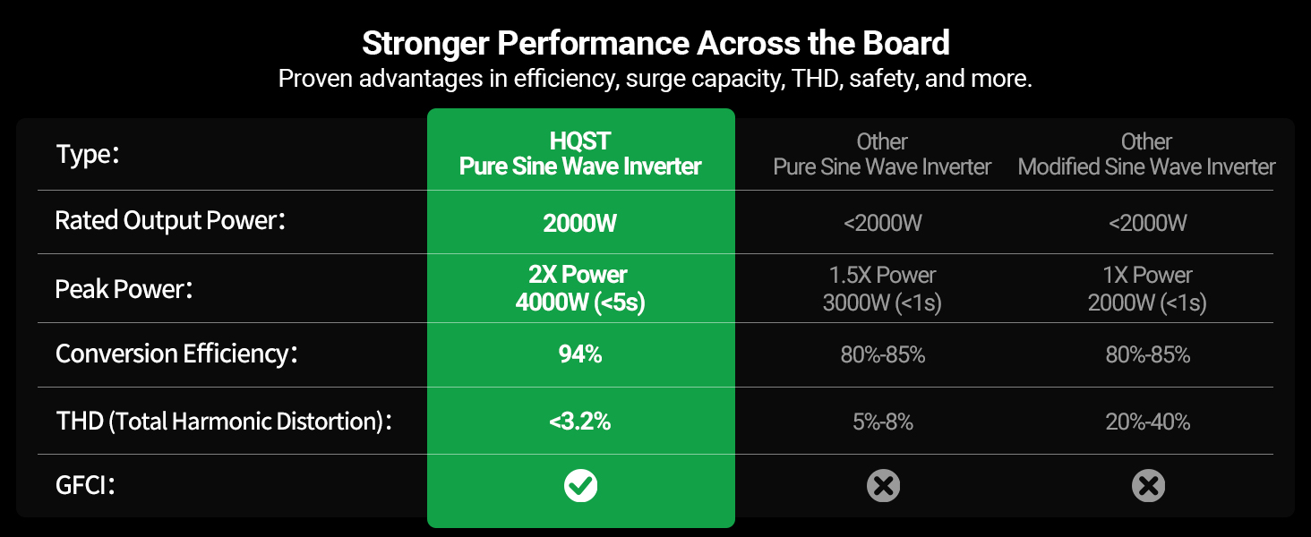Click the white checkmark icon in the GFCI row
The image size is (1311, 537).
(580, 485)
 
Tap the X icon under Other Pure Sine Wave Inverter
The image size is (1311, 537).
(883, 485)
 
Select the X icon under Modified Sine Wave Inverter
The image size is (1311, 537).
(1148, 485)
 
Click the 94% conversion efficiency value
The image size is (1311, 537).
(580, 354)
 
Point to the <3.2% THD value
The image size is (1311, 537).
(580, 422)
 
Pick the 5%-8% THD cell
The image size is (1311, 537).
(883, 422)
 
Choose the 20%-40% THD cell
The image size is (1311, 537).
(1148, 422)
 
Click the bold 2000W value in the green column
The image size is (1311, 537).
(580, 223)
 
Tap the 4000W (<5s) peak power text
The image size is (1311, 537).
(580, 303)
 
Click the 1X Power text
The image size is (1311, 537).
(1148, 275)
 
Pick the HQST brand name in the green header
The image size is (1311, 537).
(580, 141)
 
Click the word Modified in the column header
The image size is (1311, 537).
(1058, 167)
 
